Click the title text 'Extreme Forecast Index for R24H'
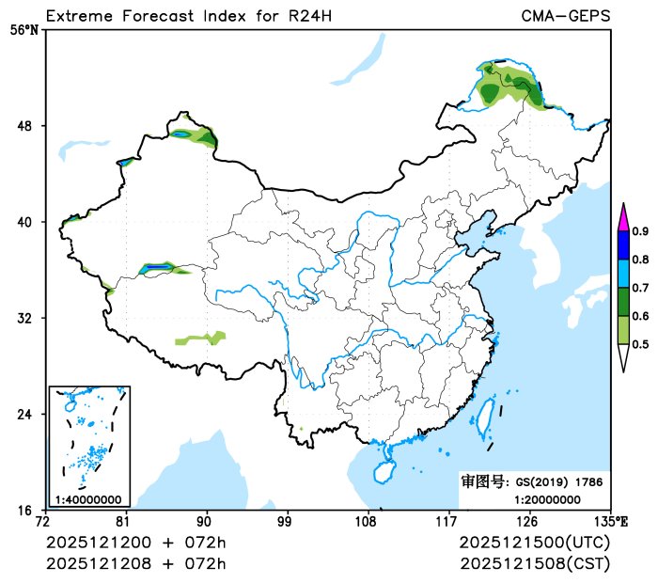[188, 16]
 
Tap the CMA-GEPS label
[565, 16]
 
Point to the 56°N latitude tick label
[25, 30]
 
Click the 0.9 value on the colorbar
[640, 231]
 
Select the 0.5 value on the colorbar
[640, 345]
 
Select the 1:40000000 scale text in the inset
[88, 499]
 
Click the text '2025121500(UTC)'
[535, 544]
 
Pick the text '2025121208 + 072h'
[136, 563]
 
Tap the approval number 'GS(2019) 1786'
[559, 481]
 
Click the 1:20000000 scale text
[547, 499]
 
